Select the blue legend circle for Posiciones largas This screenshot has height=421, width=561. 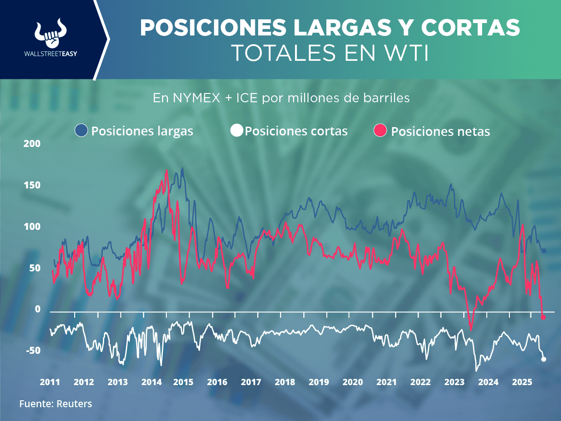[x=81, y=131]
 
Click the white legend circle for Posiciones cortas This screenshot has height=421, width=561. [x=236, y=131]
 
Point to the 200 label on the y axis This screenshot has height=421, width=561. [x=32, y=144]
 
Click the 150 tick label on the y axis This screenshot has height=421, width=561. [x=32, y=185]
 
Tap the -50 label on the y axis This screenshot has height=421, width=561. [x=32, y=351]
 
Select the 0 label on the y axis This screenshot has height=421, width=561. [x=38, y=310]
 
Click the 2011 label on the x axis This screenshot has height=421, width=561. [x=49, y=382]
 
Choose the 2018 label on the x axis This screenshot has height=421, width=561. [x=285, y=382]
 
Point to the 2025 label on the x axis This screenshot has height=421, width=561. [x=522, y=382]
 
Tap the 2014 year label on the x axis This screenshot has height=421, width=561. [x=151, y=382]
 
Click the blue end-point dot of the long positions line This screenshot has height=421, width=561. [x=544, y=251]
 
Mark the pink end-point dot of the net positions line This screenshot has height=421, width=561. [x=543, y=317]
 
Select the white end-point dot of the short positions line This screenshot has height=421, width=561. [x=544, y=359]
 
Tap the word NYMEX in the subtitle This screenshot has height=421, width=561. [x=193, y=98]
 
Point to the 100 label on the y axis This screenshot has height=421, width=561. [x=32, y=227]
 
